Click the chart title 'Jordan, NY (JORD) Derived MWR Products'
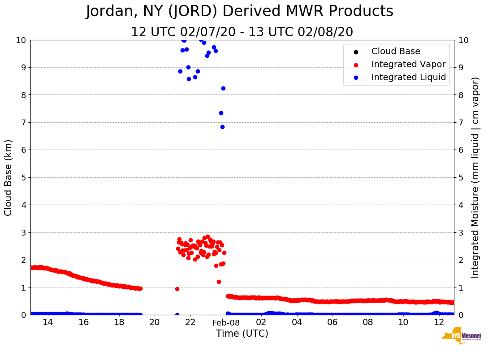pyautogui.click(x=240, y=12)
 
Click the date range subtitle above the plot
pyautogui.click(x=242, y=32)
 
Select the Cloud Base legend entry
pyautogui.click(x=396, y=51)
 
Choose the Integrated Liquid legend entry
pyautogui.click(x=408, y=77)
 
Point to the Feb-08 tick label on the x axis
pyautogui.click(x=226, y=323)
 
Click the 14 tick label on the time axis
pyautogui.click(x=48, y=323)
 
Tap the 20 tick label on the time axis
pyautogui.click(x=155, y=323)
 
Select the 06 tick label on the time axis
pyautogui.click(x=333, y=323)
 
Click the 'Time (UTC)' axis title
pyautogui.click(x=242, y=334)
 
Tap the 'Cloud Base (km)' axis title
pyautogui.click(x=9, y=177)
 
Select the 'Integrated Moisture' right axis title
pyautogui.click(x=475, y=177)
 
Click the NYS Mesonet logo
pyautogui.click(x=461, y=337)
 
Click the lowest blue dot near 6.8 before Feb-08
pyautogui.click(x=222, y=127)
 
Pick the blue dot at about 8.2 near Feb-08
pyautogui.click(x=223, y=88)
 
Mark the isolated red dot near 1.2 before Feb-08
pyautogui.click(x=219, y=282)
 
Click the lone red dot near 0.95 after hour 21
pyautogui.click(x=177, y=289)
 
